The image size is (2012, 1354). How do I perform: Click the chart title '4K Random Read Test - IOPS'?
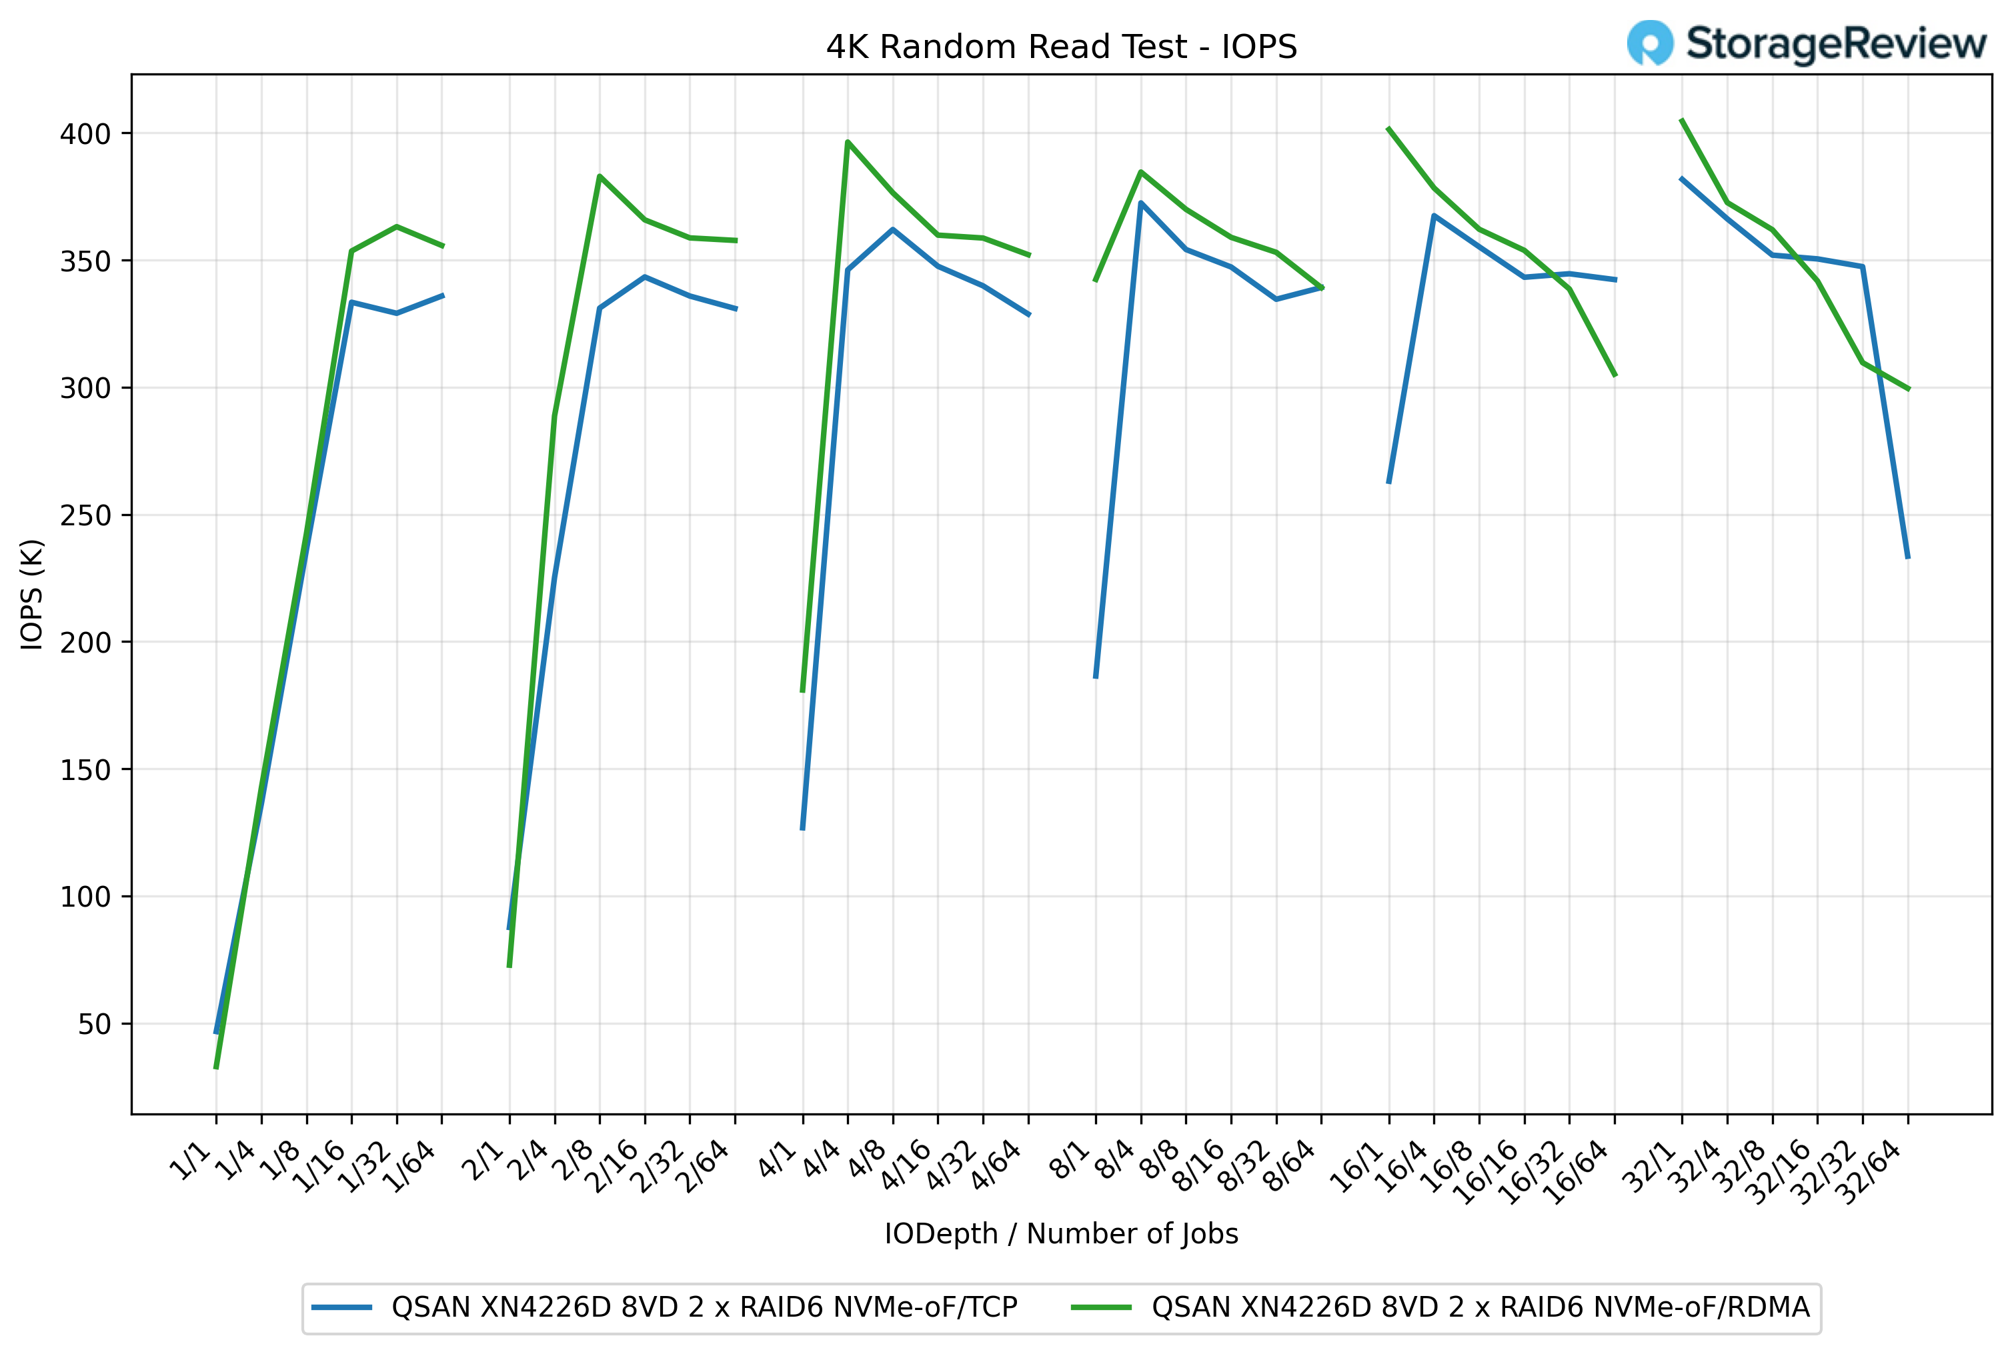pos(1061,47)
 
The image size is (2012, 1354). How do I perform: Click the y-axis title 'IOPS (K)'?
pos(32,594)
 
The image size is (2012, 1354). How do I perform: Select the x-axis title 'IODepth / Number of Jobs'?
pos(1061,1233)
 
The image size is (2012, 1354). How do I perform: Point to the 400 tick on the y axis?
pos(85,134)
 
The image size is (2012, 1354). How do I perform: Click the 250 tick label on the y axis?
pos(85,515)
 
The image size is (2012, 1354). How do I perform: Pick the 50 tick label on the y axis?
pos(94,1024)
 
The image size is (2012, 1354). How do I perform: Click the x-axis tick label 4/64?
pos(998,1166)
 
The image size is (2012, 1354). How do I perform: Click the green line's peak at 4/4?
pos(848,141)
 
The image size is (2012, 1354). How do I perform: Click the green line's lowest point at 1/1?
pos(216,1067)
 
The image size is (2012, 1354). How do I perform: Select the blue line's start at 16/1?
pos(1388,483)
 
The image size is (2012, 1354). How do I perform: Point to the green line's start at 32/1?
pos(1681,120)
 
